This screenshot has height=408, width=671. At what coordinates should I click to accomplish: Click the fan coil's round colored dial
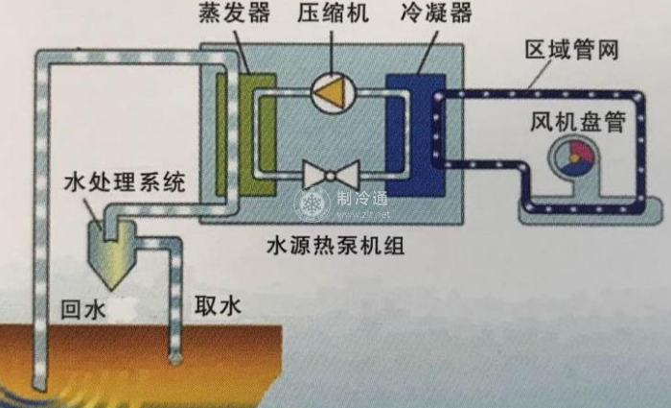[572, 159]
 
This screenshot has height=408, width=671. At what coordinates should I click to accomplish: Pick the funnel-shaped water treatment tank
[115, 252]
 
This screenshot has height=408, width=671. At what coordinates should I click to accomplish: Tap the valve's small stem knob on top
[330, 160]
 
